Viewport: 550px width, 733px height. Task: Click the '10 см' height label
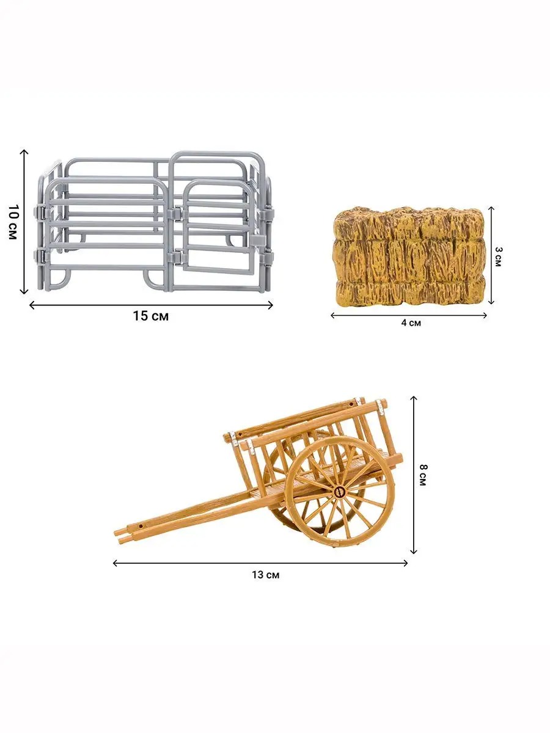click(x=12, y=222)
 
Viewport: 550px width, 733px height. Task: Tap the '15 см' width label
click(x=151, y=316)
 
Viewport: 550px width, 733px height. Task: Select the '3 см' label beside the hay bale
click(x=498, y=257)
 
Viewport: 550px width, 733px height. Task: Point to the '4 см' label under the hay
click(x=411, y=323)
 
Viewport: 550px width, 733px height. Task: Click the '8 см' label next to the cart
click(x=423, y=475)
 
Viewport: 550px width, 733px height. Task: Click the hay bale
click(x=409, y=257)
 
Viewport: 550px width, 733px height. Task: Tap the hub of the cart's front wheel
click(x=340, y=491)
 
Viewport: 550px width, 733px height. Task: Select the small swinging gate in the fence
click(x=218, y=227)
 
